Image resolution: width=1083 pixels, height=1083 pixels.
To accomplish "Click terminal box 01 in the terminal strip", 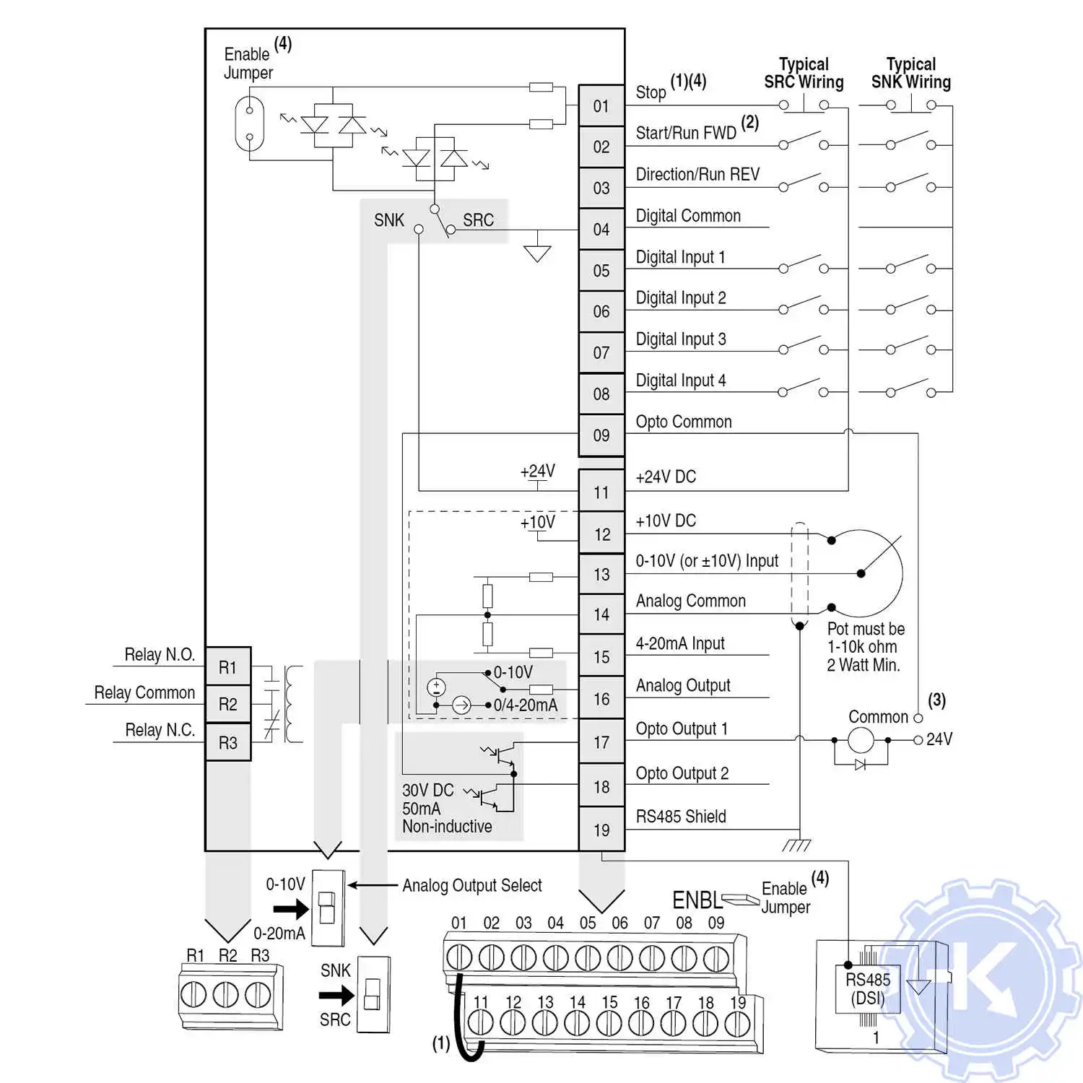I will tap(601, 106).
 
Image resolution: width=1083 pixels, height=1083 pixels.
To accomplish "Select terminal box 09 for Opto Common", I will tap(601, 435).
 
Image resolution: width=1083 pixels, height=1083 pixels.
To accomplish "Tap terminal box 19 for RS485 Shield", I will tap(601, 830).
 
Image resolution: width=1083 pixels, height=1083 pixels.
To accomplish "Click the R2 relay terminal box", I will tap(228, 704).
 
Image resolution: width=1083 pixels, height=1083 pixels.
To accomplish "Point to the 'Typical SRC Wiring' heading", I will tap(804, 73).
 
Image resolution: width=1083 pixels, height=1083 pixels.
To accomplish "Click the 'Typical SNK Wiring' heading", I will tap(910, 73).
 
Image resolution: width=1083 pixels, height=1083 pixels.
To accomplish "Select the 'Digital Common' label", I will tap(688, 216).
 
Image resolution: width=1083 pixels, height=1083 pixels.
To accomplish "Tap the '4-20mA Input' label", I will tap(679, 643).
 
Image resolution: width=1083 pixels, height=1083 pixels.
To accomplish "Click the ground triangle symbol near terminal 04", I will tap(537, 253).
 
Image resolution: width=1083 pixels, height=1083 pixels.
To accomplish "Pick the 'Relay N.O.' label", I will tap(160, 655).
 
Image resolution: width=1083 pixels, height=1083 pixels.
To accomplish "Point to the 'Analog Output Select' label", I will tap(471, 885).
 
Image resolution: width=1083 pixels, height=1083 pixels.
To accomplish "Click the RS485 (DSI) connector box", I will tap(868, 989).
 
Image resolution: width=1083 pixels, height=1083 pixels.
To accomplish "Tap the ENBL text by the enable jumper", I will tap(696, 900).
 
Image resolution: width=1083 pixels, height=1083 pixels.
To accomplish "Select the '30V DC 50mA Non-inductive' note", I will tap(447, 808).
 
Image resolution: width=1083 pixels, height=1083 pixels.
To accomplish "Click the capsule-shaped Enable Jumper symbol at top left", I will tap(250, 123).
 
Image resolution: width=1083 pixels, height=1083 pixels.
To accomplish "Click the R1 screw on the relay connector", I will tap(193, 995).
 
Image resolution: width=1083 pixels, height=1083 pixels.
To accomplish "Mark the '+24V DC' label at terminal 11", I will tap(666, 477).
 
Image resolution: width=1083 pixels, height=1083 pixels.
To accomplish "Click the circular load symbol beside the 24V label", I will tap(860, 740).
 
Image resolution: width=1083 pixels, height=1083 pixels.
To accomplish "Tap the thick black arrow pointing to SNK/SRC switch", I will tap(336, 996).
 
